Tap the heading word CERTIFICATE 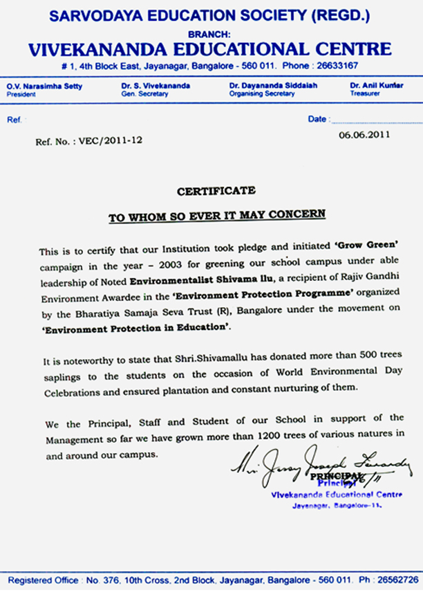[216, 191]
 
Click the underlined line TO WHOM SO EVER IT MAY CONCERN [216, 215]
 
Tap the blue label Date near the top [317, 119]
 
